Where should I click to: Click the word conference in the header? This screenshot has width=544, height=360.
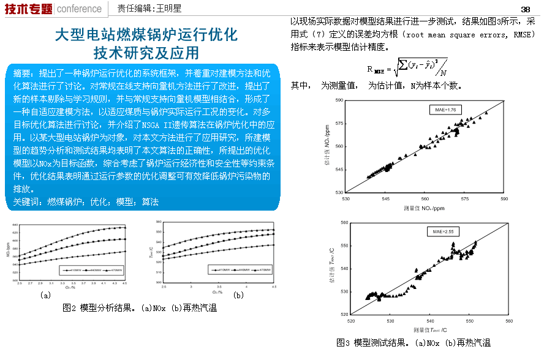80,9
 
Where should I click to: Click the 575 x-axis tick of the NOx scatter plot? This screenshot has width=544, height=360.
465,198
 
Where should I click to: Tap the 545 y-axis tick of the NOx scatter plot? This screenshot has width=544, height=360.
339,170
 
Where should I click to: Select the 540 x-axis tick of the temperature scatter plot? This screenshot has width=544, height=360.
430,320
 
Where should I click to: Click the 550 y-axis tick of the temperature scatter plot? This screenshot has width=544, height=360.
344,246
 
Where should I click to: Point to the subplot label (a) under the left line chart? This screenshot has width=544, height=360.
45,295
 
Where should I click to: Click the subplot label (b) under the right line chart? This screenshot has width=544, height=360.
238,295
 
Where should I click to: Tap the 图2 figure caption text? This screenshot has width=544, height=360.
140,308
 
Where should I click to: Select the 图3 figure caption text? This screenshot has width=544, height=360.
414,342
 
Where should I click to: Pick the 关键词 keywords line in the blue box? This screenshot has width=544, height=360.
86,201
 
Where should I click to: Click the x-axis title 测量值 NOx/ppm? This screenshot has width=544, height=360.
424,208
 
